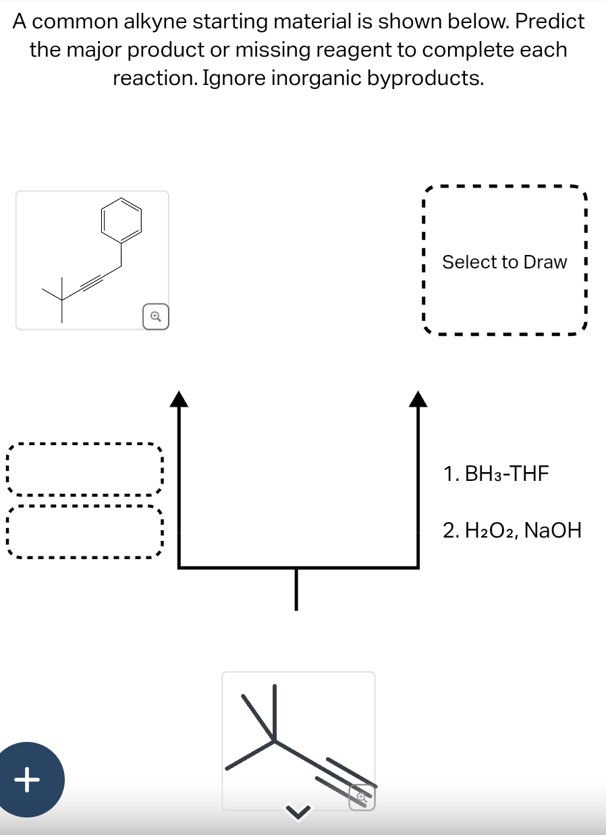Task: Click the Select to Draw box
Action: coord(504,262)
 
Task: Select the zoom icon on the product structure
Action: coord(155,316)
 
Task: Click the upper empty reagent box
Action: coord(84,469)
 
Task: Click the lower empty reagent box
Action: coord(84,531)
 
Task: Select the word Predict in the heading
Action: coord(549,22)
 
